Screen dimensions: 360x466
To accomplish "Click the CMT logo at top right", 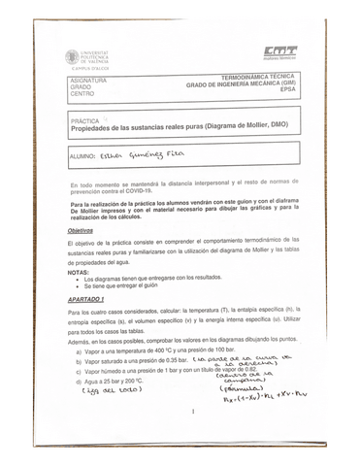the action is (279, 52).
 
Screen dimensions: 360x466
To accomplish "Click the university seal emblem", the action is (73, 57).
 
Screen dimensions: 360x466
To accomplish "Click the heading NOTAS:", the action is (78, 273).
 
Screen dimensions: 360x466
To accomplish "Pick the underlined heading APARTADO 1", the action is (86, 299).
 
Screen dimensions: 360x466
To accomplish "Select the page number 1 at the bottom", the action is (193, 412).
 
